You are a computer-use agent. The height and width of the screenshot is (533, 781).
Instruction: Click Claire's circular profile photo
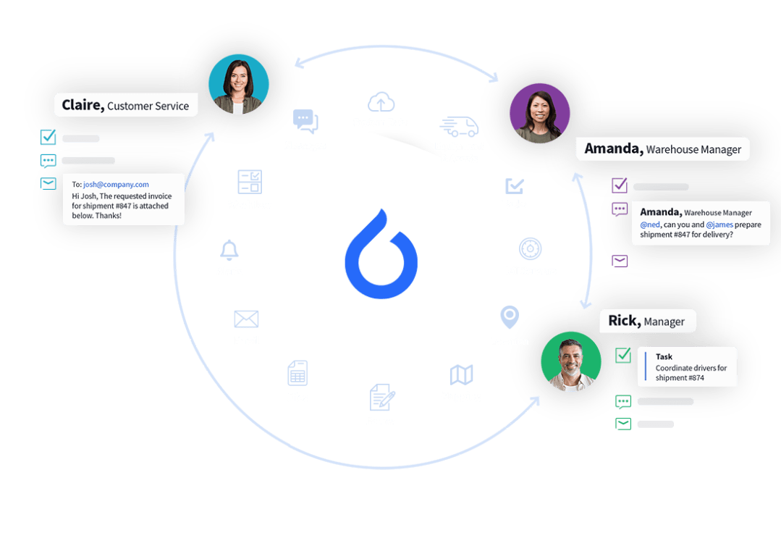[x=238, y=84]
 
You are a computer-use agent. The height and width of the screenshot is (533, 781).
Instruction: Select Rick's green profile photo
[x=571, y=361]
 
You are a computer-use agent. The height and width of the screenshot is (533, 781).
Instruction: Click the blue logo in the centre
[x=381, y=254]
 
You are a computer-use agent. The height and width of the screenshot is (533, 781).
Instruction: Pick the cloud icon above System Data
[x=380, y=102]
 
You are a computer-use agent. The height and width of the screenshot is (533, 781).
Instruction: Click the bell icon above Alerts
[x=229, y=251]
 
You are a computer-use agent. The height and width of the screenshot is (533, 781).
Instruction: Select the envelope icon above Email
[x=246, y=319]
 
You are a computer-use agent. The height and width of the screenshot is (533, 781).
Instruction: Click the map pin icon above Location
[x=510, y=317]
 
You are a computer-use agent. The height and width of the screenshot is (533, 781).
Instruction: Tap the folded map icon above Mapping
[x=461, y=374]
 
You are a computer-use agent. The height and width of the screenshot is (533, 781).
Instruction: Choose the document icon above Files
[x=297, y=373]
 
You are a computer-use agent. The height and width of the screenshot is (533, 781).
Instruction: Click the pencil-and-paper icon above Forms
[x=381, y=398]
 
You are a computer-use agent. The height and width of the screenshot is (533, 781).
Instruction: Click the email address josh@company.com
[x=116, y=185]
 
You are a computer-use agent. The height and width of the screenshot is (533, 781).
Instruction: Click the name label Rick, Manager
[x=647, y=321]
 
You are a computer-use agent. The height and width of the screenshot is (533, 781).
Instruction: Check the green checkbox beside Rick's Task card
[x=622, y=355]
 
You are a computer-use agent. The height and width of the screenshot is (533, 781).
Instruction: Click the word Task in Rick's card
[x=664, y=356]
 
